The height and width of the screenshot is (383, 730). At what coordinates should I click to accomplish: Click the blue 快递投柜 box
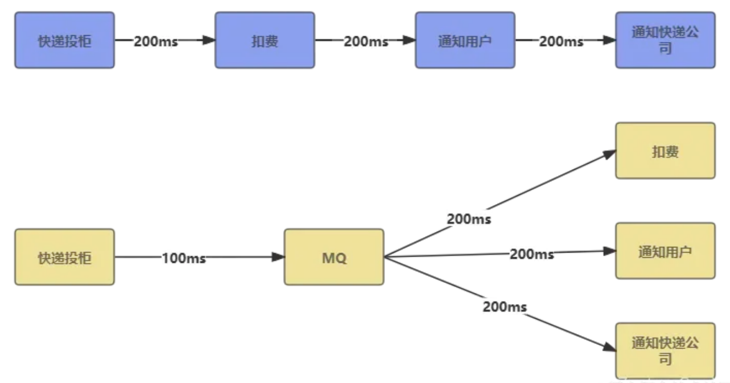[x=65, y=40]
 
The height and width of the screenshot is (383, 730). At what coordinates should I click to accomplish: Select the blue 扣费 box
[x=265, y=40]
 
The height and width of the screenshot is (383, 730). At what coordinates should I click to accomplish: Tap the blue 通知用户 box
[x=465, y=40]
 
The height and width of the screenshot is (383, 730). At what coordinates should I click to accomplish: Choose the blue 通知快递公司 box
[x=665, y=40]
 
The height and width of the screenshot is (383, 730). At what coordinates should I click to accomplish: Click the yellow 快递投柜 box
[x=65, y=257]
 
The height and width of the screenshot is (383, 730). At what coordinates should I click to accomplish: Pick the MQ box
[x=334, y=257]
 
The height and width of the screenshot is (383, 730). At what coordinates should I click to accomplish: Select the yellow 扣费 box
[x=665, y=151]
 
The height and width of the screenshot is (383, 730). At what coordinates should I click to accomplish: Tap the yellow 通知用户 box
[x=665, y=251]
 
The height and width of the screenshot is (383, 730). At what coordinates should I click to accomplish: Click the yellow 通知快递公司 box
[x=665, y=351]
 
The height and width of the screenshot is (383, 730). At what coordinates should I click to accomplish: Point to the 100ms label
[x=184, y=258]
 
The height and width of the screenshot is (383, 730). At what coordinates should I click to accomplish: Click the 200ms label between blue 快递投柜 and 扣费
[x=156, y=41]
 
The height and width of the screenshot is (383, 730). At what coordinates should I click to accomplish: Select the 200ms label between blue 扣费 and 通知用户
[x=366, y=41]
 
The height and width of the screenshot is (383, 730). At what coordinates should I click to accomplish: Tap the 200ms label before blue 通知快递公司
[x=561, y=41]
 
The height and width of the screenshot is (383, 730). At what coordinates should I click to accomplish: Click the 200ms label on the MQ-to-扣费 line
[x=469, y=219]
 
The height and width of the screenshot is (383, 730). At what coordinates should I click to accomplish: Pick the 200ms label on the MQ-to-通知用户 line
[x=532, y=254]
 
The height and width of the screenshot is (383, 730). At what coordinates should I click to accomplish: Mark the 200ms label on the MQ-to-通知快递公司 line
[x=505, y=306]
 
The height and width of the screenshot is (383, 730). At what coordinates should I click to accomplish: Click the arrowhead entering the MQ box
[x=278, y=257]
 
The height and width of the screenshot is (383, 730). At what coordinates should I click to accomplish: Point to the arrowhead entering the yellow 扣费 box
[x=609, y=154]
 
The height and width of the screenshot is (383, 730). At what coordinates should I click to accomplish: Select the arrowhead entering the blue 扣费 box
[x=209, y=40]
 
